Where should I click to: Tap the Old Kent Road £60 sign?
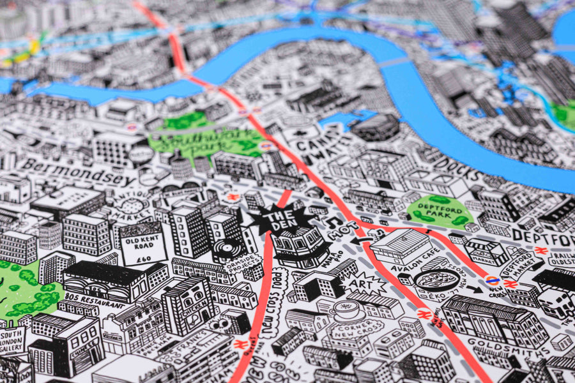pyautogui.click(x=143, y=243)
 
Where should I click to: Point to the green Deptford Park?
pyautogui.click(x=440, y=211)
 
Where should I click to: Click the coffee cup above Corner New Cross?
pyautogui.click(x=348, y=308)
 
